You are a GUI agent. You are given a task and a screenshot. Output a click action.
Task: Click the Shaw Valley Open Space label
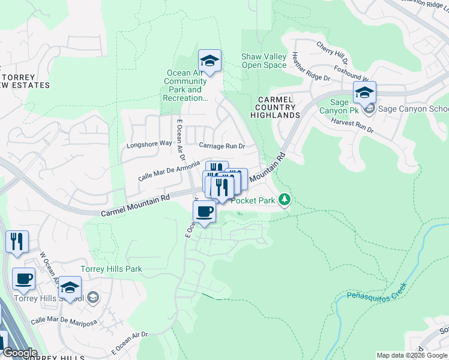(x=264, y=61)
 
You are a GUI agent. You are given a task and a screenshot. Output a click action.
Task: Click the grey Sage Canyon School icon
(x=370, y=109)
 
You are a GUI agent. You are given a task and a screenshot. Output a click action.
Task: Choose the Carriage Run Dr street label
(x=222, y=146)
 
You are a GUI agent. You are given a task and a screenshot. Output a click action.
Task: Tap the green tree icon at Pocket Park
(x=285, y=200)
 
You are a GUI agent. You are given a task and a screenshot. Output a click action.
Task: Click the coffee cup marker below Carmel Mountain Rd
(x=204, y=212)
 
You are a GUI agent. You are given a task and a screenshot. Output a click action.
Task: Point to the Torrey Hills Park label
(x=112, y=269)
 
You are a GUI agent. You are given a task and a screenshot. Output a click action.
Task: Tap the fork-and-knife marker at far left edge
(x=17, y=241)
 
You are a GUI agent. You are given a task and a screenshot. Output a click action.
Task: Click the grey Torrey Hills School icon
(x=93, y=297)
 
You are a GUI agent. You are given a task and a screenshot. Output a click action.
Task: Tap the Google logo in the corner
(x=19, y=353)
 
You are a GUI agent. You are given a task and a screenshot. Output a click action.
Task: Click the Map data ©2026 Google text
(x=411, y=355)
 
